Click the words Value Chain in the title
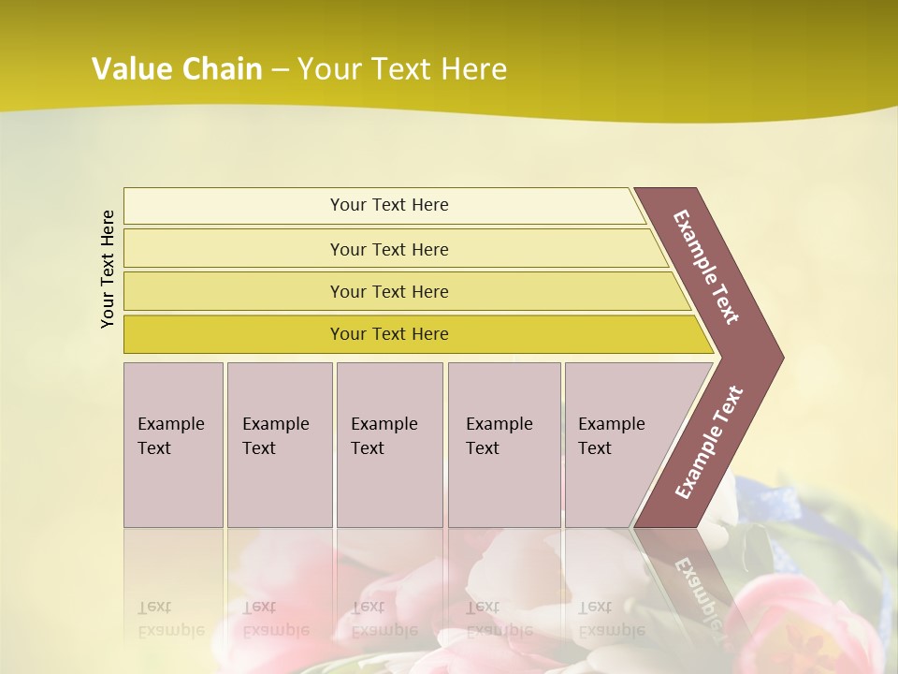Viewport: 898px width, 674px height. [177, 69]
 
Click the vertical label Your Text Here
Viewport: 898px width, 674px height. [108, 269]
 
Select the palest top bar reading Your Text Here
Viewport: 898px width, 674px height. [389, 205]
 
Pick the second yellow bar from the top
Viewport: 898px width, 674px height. [389, 249]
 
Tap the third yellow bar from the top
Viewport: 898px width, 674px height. [389, 291]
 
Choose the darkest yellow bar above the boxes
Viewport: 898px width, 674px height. [389, 334]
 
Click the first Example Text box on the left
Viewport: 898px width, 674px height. [173, 445]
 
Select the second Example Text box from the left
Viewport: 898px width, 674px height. [279, 445]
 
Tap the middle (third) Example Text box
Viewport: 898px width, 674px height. [389, 445]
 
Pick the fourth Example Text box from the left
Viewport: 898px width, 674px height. [503, 445]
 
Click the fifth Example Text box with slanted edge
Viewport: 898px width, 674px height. [617, 445]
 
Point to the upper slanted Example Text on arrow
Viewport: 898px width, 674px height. [706, 267]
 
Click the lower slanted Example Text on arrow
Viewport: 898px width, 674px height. [709, 443]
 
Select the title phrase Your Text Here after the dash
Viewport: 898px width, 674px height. [402, 69]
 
